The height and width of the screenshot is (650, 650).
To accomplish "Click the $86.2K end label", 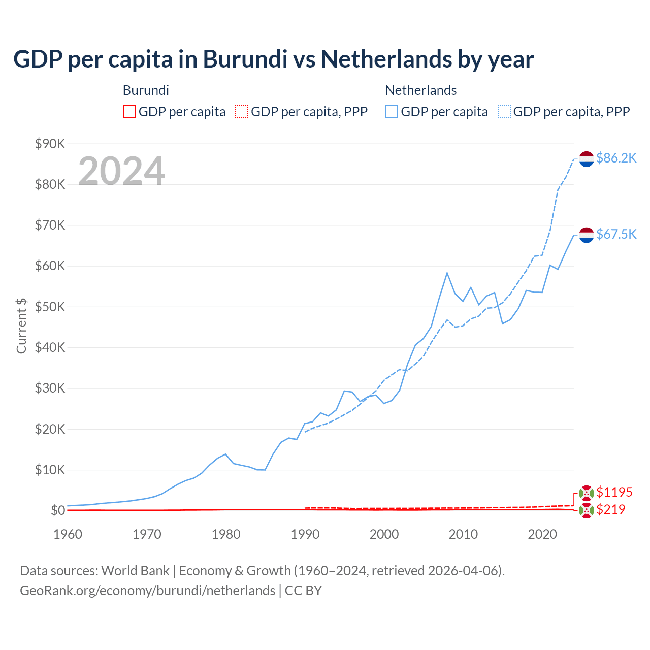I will pos(616,158).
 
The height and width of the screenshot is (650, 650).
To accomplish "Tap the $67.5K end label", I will pos(616,234).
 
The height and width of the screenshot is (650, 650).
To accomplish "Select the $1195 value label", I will pos(614,492).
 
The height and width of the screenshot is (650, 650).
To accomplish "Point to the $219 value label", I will pos(610,509).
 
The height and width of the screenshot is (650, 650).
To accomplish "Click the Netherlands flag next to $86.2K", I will pos(587,159).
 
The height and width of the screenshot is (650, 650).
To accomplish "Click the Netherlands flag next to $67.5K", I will pos(587,235).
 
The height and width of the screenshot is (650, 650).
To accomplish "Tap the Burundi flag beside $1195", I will pos(587,493).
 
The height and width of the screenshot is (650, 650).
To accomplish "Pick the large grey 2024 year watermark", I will pos(121,171).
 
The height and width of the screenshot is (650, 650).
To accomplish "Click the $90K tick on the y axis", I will pos(50,144).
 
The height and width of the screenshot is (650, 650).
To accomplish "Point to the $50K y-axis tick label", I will pos(50,307).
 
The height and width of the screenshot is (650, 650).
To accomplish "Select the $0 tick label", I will pos(57,510).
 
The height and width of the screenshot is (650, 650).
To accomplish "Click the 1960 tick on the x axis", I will pos(68,534).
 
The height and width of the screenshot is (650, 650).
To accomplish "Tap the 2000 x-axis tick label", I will pos(384,534).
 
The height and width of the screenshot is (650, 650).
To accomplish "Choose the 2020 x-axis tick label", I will pos(542,534).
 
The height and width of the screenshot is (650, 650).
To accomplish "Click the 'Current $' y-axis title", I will pos(21,326).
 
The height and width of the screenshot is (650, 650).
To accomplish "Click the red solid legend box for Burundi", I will pos(129,112).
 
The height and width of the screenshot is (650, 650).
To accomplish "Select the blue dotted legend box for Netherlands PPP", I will pos(504,112).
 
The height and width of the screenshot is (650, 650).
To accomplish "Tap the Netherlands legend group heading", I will pos(421,90).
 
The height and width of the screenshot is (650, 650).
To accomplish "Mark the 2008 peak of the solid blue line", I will pos(447,273).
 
